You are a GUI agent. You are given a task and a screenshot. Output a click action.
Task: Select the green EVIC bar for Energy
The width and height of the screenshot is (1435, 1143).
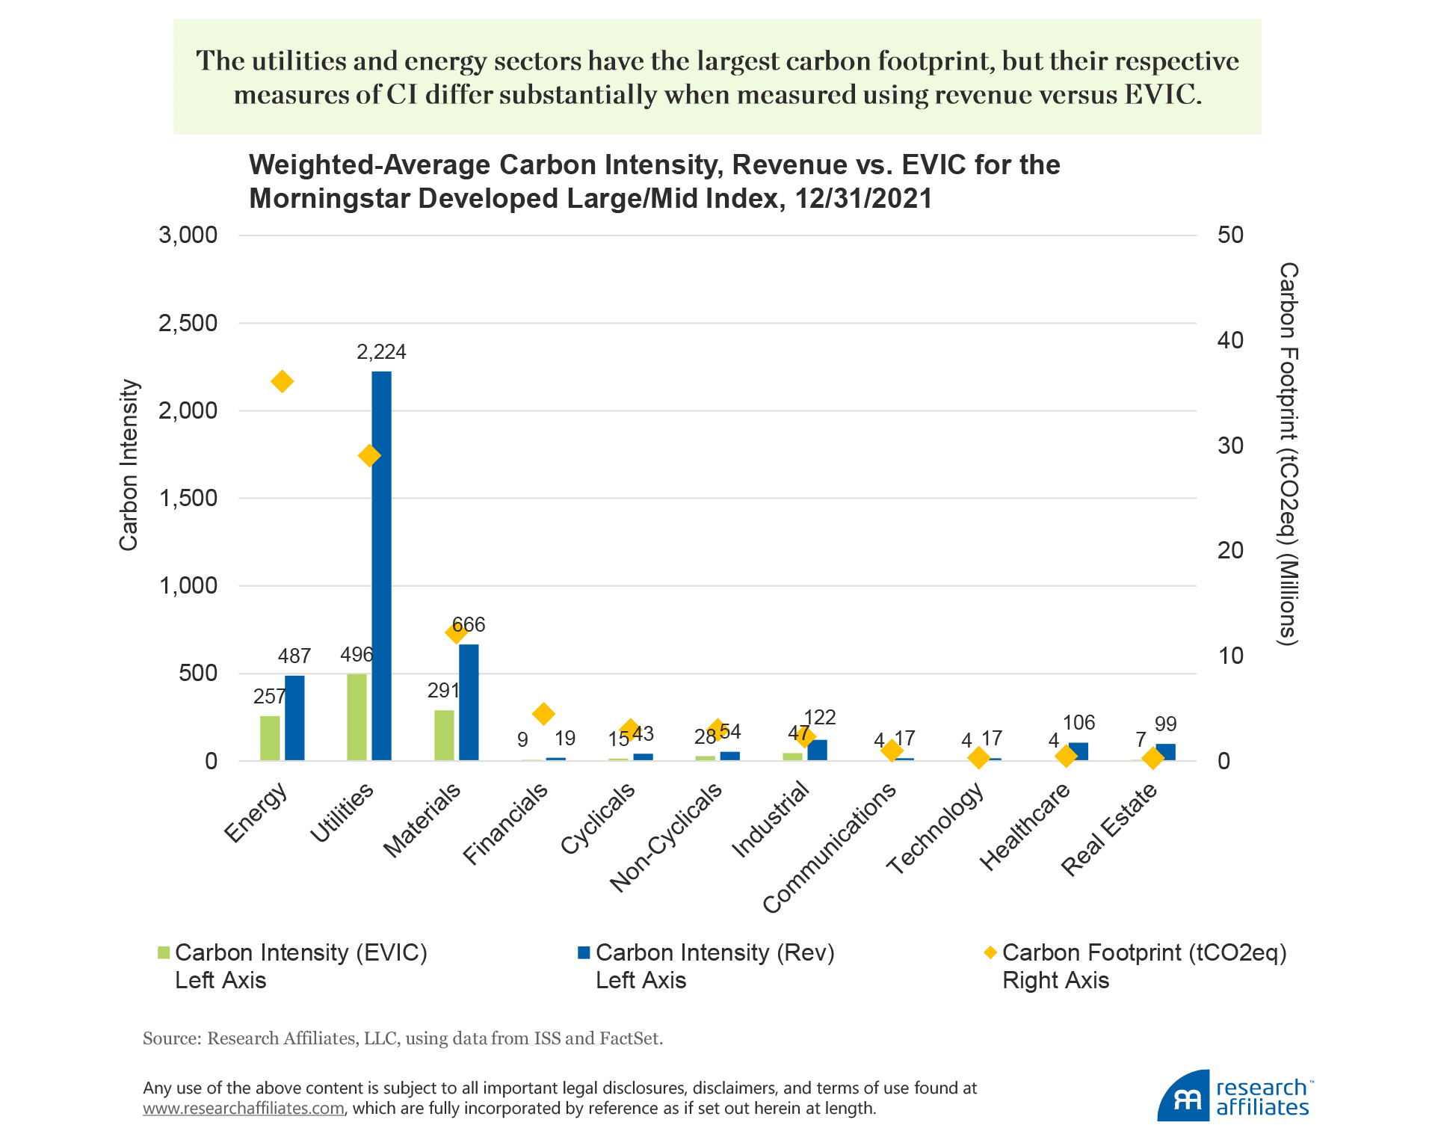coord(270,738)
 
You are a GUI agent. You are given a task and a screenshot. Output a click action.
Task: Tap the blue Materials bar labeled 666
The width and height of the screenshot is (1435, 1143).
coord(469,703)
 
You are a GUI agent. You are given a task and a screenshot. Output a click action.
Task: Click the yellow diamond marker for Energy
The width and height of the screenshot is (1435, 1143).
coord(282,381)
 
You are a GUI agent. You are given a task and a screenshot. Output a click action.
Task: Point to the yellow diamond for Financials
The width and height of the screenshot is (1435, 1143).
coord(544,714)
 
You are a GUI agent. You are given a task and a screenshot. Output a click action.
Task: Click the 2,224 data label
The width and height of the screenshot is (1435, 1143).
coord(381,352)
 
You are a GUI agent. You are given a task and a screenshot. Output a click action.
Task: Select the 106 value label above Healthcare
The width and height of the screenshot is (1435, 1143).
coord(1078,723)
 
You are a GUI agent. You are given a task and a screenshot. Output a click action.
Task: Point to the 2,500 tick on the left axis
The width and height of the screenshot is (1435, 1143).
coord(188,324)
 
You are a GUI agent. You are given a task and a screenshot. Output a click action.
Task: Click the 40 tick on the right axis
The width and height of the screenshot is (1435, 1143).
coord(1230,341)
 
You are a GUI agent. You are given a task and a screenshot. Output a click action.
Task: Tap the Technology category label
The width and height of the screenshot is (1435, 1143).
coord(936,829)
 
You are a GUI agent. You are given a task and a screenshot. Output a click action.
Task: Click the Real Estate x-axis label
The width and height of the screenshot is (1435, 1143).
coord(1109,829)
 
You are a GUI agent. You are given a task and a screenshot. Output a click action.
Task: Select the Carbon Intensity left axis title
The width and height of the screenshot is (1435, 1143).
coord(129,465)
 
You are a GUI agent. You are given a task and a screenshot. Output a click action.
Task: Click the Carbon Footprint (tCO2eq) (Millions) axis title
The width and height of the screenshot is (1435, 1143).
coord(1288,453)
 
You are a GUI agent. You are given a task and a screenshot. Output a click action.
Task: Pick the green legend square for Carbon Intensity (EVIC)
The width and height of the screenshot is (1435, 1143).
coord(164,953)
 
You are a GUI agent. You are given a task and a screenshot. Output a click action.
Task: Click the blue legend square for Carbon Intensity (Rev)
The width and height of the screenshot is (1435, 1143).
coord(584,952)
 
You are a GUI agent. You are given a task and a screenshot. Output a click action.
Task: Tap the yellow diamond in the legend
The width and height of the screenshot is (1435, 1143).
coord(990,952)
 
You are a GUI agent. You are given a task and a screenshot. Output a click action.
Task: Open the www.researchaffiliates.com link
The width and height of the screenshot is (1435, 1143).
coord(244,1109)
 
